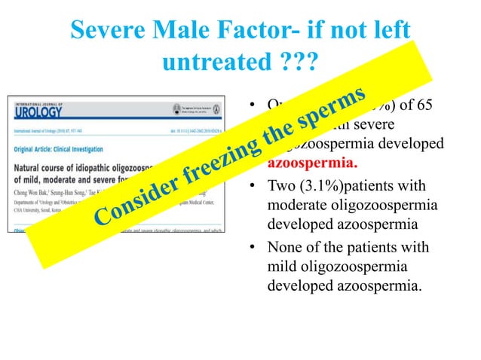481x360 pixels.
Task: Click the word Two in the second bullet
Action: click(282, 186)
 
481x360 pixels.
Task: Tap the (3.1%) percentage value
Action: click(324, 186)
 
